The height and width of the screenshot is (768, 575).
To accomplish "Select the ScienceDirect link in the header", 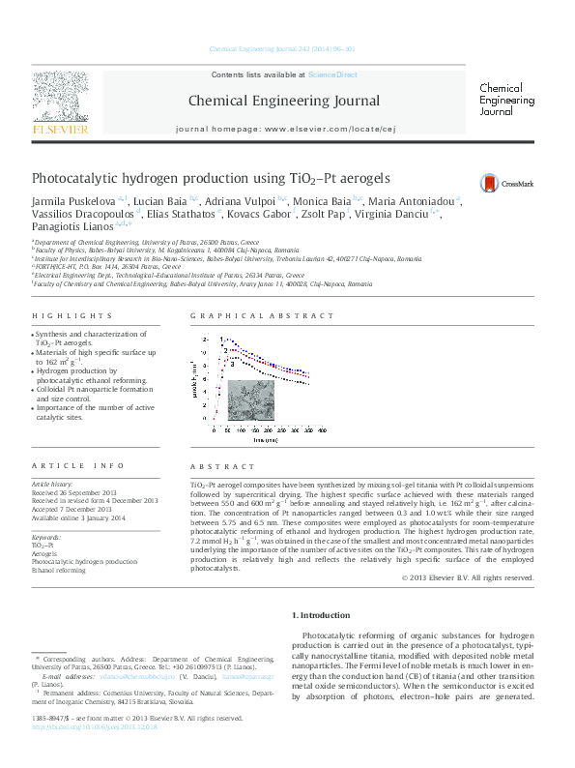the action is [332, 74].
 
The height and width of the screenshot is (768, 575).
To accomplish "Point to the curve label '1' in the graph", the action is [223, 340].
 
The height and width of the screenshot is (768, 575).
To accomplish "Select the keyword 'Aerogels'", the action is [45, 553].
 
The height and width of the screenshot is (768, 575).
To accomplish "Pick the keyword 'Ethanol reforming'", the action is [59, 570].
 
